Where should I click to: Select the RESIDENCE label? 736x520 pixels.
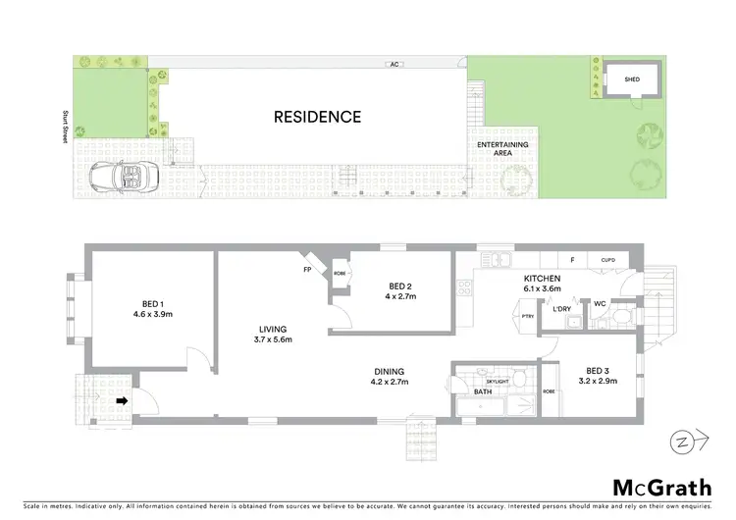317,117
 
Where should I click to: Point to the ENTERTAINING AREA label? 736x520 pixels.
502,149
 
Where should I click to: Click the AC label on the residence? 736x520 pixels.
392,66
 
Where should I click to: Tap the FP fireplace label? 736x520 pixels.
307,268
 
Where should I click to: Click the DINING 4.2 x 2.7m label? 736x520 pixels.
390,376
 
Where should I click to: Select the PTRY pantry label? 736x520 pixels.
527,317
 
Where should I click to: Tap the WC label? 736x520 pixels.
601,304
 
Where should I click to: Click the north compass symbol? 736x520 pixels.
685,442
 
